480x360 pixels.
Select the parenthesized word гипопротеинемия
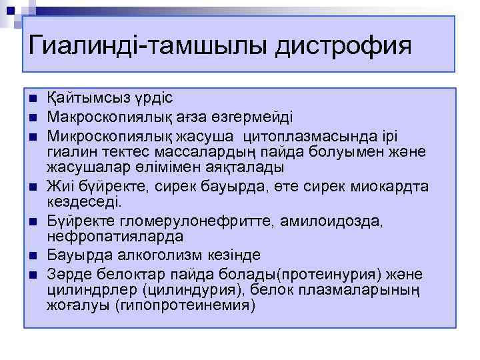point(185,305)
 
